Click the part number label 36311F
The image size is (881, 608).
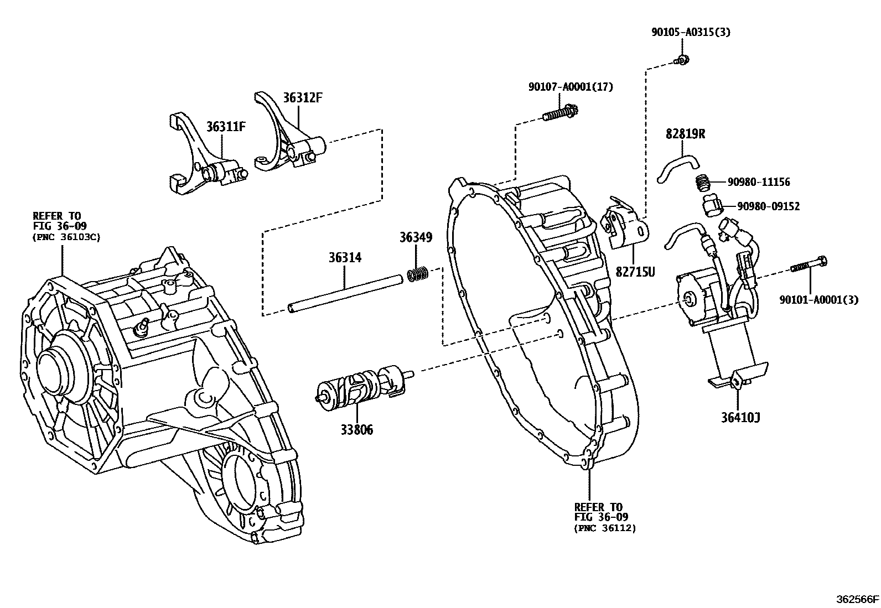pyautogui.click(x=225, y=127)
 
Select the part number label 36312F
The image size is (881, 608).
pyautogui.click(x=302, y=98)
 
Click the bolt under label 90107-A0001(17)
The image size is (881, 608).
pyautogui.click(x=559, y=115)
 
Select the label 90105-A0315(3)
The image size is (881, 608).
pyautogui.click(x=690, y=32)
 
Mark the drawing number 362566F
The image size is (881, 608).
pyautogui.click(x=857, y=599)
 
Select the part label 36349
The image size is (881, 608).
pyautogui.click(x=416, y=237)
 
